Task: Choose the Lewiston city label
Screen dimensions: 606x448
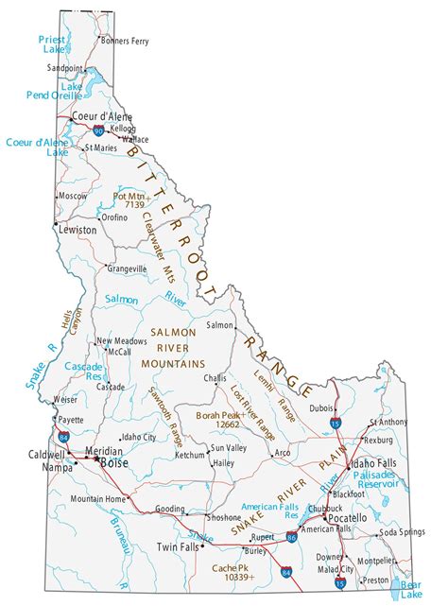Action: click(77, 230)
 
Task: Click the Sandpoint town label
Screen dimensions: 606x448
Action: click(64, 69)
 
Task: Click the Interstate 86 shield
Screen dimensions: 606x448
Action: click(291, 536)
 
